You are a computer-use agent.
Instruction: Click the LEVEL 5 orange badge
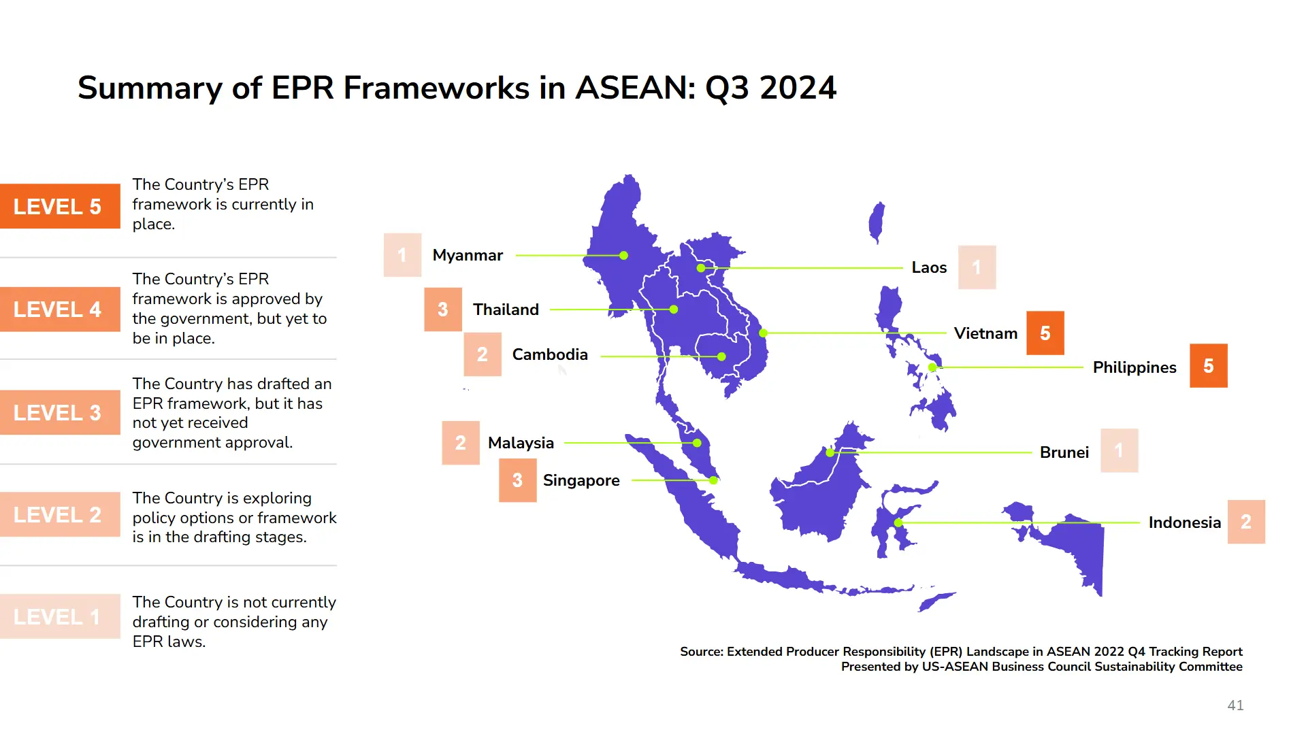coord(60,206)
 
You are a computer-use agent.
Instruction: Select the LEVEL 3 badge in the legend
coord(60,412)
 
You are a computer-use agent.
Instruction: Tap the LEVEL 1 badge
coord(60,616)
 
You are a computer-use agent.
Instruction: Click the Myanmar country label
coord(468,255)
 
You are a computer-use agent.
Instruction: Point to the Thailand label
coord(506,310)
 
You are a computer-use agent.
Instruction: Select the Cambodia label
coord(550,354)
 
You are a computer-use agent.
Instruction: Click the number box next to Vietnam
coord(1045,333)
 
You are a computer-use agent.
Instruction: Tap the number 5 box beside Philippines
coord(1209,366)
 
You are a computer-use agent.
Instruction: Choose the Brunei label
coord(1064,452)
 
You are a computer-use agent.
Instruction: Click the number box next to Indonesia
coord(1246,522)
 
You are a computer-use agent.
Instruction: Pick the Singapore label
coord(581,480)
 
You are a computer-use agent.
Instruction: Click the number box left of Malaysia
coord(461,443)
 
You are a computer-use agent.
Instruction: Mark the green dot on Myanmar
coord(623,256)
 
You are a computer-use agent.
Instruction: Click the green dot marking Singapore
coord(713,480)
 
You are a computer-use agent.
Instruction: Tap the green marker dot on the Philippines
coord(932,367)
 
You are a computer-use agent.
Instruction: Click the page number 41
coord(1235,705)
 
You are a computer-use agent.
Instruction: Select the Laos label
coord(929,267)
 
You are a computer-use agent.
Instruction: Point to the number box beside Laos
coord(977,267)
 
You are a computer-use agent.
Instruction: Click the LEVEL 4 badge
coord(60,310)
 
